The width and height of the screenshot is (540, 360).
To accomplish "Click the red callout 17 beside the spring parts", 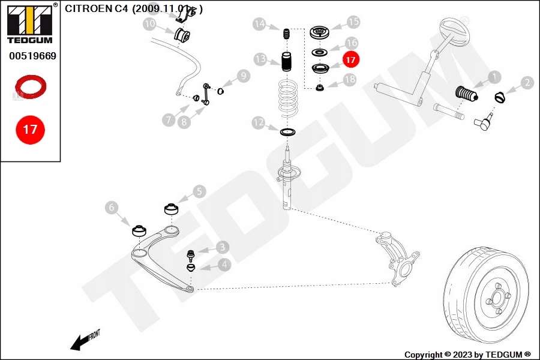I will coord(351,59).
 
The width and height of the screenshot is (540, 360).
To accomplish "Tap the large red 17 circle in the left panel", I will coord(30,129).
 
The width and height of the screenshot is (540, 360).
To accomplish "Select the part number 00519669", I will coord(32,56).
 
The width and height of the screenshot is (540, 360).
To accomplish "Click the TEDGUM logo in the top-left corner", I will coord(29,24).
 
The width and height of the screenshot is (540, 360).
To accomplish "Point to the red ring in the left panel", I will coord(31,86).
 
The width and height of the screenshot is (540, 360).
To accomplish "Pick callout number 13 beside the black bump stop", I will coord(260,59).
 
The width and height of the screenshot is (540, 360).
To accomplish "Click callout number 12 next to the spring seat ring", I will coord(259,123).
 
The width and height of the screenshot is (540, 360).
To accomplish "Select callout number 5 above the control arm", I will coord(199,192).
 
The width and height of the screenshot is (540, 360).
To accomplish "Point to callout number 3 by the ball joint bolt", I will coord(223,246).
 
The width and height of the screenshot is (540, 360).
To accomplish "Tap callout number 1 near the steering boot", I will coord(494,77).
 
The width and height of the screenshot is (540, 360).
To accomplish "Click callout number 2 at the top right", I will coord(527,83).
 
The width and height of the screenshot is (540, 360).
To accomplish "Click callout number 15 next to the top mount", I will coord(353,22).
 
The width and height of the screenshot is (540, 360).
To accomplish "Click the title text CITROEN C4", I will coord(97,9).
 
